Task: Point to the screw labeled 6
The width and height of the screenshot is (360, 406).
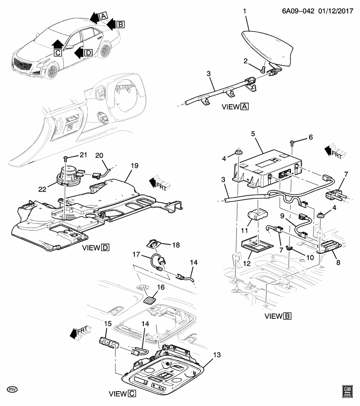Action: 292,144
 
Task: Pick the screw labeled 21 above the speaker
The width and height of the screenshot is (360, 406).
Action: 65,158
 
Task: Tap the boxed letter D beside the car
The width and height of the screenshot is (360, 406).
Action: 88,52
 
